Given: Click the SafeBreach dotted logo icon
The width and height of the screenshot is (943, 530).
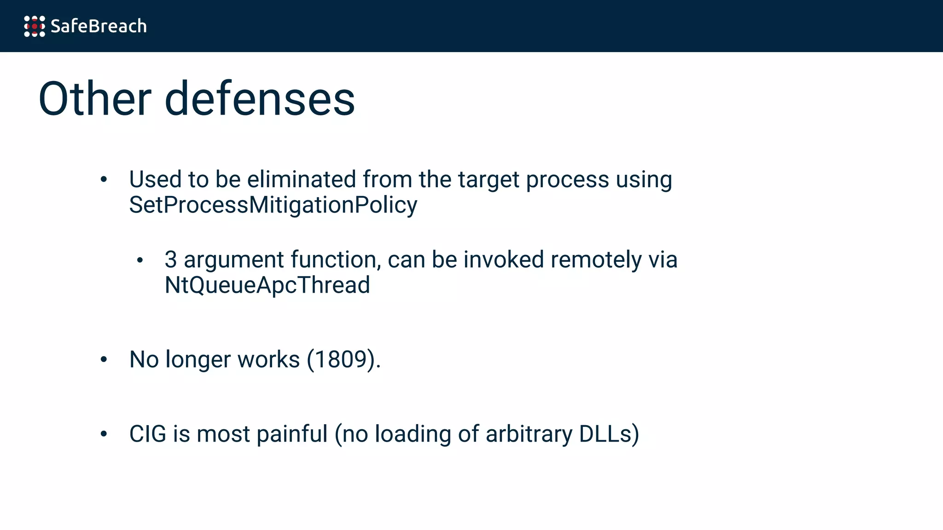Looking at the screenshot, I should click(x=35, y=26).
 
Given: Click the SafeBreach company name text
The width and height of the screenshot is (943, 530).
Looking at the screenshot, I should click(x=99, y=26).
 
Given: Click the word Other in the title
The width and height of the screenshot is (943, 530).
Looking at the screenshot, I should click(x=95, y=99).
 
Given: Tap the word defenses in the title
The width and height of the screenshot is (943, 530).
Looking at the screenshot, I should click(x=260, y=99).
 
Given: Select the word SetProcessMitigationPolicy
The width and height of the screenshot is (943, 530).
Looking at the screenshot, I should click(x=273, y=205).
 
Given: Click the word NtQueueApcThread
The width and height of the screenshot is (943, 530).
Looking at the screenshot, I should click(x=267, y=285).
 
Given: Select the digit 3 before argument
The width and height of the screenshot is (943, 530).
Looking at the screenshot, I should click(x=170, y=260).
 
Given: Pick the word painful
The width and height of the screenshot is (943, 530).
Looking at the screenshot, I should click(x=292, y=434).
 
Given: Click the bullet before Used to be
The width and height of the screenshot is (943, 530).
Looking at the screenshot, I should click(x=104, y=179).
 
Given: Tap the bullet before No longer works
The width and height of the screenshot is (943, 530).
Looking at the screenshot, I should click(x=104, y=360).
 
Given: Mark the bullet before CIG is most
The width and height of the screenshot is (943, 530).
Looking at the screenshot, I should click(x=104, y=434).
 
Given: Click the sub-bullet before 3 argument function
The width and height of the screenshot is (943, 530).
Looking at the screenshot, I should click(x=140, y=260).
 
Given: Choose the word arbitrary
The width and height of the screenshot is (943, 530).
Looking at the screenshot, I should click(x=529, y=434).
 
